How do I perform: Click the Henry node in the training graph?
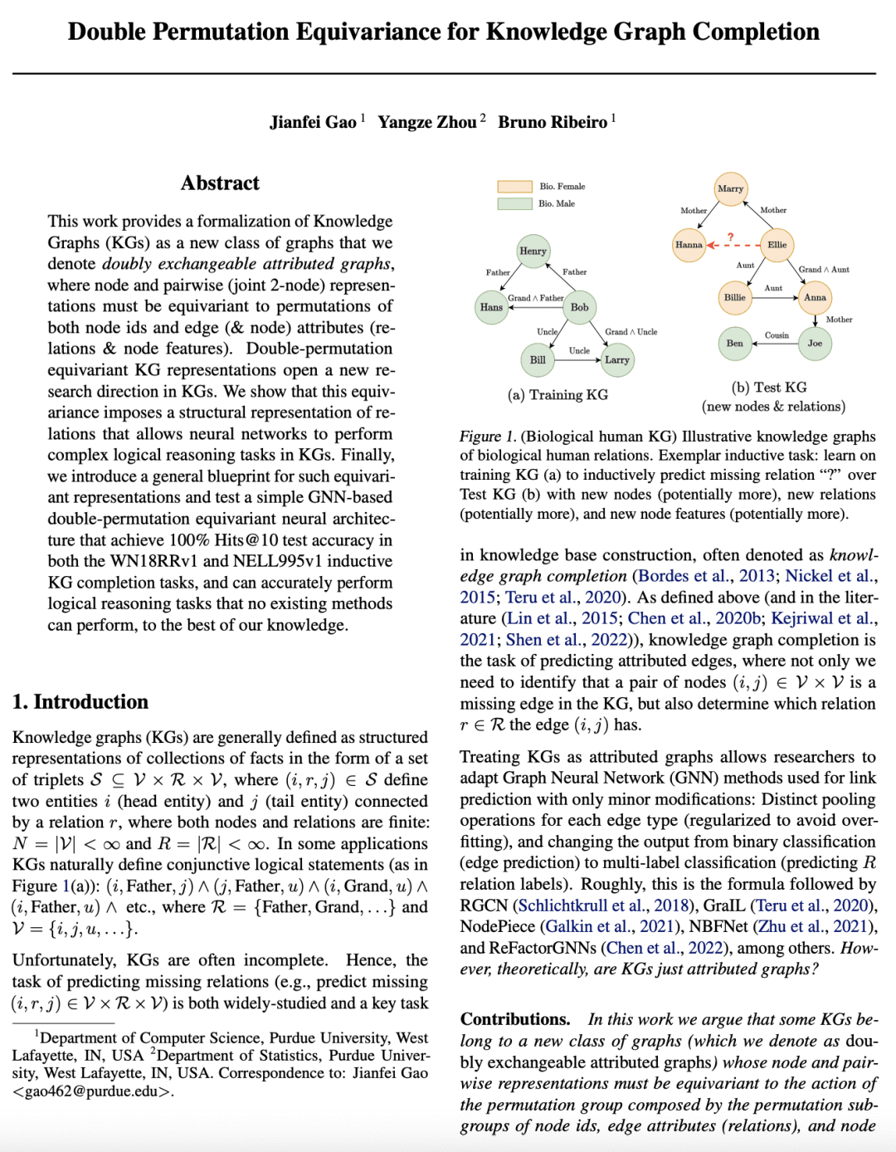(x=533, y=251)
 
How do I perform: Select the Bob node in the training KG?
(x=579, y=307)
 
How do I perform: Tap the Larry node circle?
(x=616, y=359)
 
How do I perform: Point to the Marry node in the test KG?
(x=730, y=188)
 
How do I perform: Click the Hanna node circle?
(x=689, y=245)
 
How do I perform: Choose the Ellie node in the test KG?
(x=777, y=245)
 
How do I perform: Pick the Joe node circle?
(x=815, y=343)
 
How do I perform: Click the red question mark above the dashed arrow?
(x=730, y=237)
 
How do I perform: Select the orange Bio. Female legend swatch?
(x=514, y=187)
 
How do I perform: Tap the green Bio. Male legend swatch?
(x=514, y=203)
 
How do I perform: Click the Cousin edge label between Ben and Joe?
(x=777, y=335)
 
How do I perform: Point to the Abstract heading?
(x=220, y=183)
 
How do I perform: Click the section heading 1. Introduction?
(x=80, y=702)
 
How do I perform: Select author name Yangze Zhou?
(x=427, y=123)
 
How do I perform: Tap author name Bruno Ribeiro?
(x=553, y=123)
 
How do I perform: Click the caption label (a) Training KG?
(x=558, y=395)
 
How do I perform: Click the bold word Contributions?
(x=515, y=1019)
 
